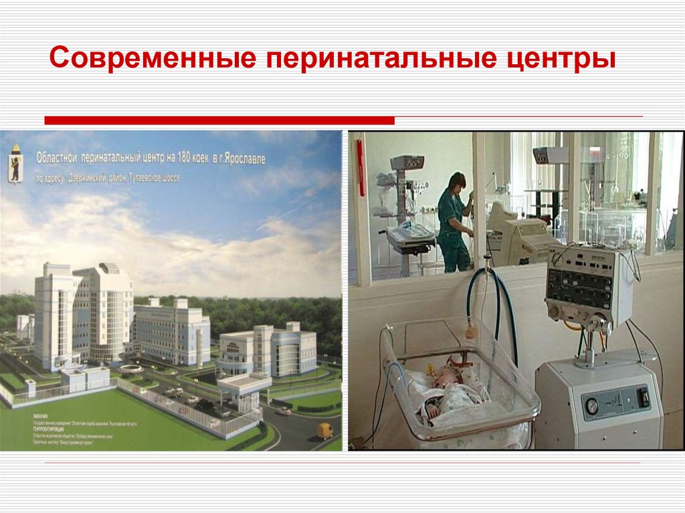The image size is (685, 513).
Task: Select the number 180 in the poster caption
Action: (186, 159)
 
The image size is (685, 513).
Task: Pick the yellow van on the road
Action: (324, 430)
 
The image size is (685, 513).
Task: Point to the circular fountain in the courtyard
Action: (131, 368)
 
